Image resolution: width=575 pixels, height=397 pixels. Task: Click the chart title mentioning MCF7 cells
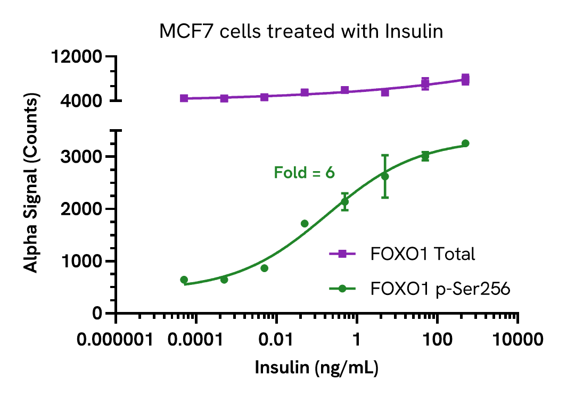pyautogui.click(x=301, y=31)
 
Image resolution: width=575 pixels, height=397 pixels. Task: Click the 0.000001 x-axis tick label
pyautogui.click(x=117, y=340)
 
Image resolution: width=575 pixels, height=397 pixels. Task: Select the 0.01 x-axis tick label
pyautogui.click(x=276, y=340)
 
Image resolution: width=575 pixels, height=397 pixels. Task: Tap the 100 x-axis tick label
pyautogui.click(x=437, y=340)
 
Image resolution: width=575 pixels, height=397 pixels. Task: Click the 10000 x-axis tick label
pyautogui.click(x=517, y=340)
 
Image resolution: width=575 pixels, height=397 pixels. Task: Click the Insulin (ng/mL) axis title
pyautogui.click(x=317, y=368)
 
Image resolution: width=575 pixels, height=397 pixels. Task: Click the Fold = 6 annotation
pyautogui.click(x=304, y=172)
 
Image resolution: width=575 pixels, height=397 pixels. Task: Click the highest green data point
pyautogui.click(x=465, y=143)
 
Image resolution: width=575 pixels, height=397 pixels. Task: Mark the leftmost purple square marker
pyautogui.click(x=184, y=98)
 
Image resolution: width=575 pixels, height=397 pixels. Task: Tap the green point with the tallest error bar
pyautogui.click(x=385, y=176)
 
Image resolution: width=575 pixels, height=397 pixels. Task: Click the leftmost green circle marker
pyautogui.click(x=184, y=280)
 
